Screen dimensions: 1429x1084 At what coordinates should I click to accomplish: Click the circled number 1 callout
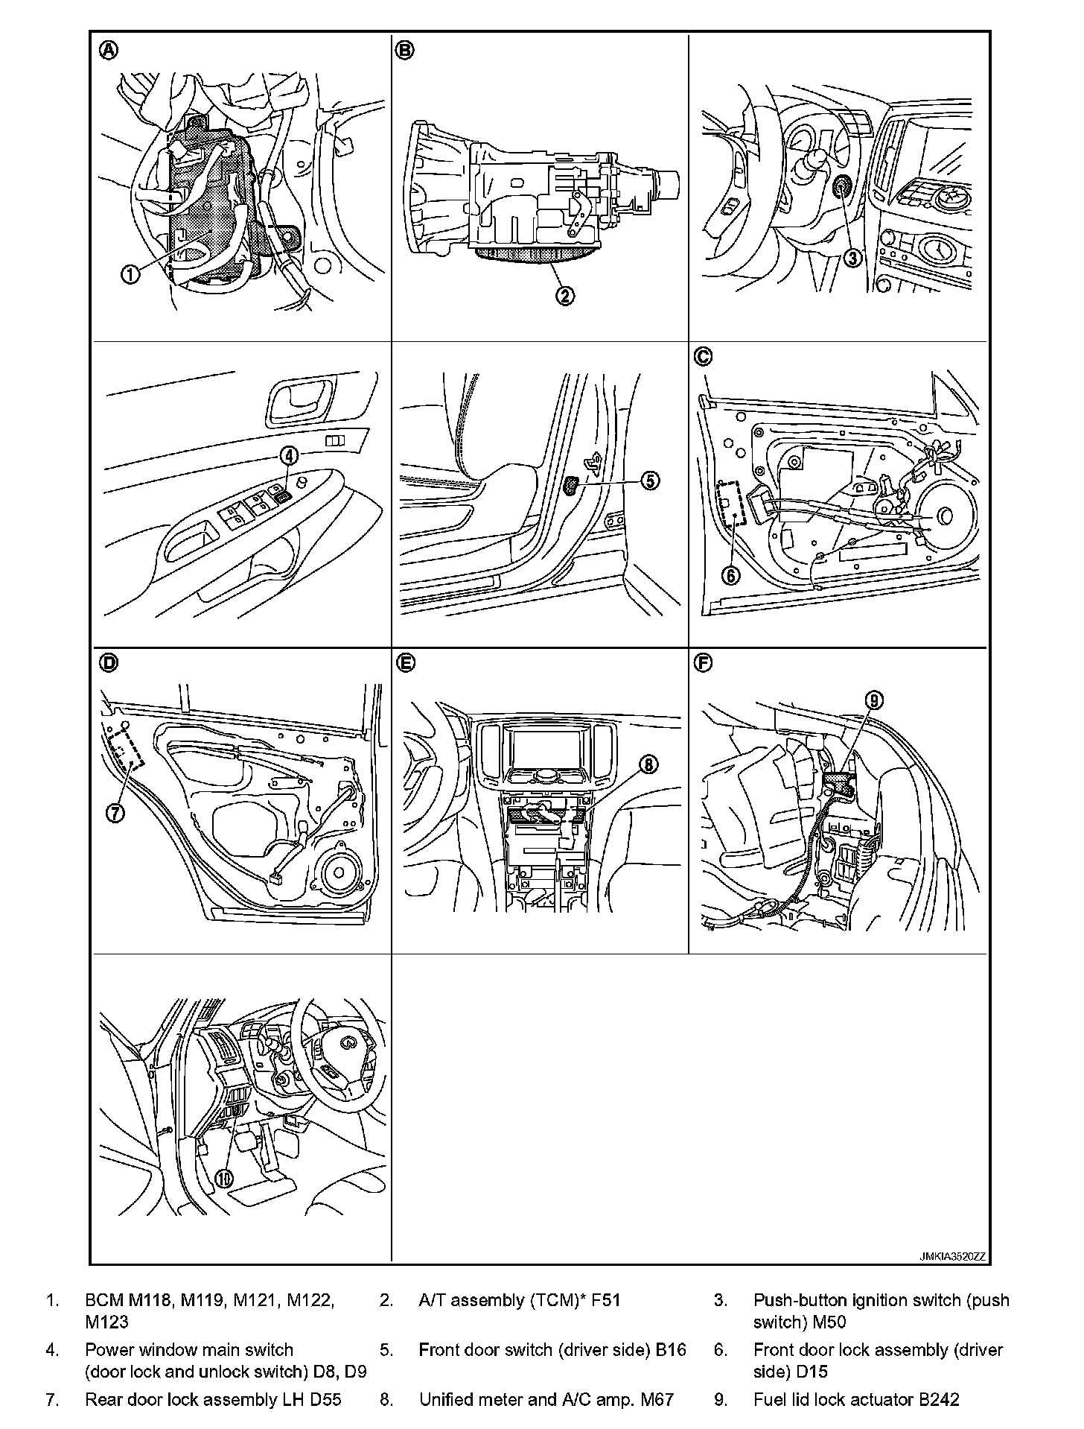pos(130,274)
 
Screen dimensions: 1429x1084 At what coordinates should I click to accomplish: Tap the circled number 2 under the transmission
pos(565,296)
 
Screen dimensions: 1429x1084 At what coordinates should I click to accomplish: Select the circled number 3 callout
pos(853,259)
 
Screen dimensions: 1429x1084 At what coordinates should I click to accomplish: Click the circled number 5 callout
pos(649,481)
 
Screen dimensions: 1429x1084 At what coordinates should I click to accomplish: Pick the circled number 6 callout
pos(732,574)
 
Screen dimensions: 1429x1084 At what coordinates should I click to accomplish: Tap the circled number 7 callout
pos(115,814)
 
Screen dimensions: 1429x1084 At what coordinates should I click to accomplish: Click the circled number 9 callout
pos(874,700)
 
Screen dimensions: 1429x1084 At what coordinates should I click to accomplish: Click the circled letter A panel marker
pos(109,50)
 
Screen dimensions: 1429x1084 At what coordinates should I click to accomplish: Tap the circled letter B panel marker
pos(406,50)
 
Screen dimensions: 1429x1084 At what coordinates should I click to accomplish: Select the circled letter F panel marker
pos(703,662)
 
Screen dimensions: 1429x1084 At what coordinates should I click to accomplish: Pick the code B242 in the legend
pos(939,1399)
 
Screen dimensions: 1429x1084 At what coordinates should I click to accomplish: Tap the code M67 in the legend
pos(657,1399)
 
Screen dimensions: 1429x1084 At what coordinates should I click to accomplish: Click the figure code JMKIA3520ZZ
pos(952,1256)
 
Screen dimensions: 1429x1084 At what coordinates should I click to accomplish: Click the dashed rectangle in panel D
pos(126,750)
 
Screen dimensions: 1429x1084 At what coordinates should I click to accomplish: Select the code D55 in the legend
pos(325,1399)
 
